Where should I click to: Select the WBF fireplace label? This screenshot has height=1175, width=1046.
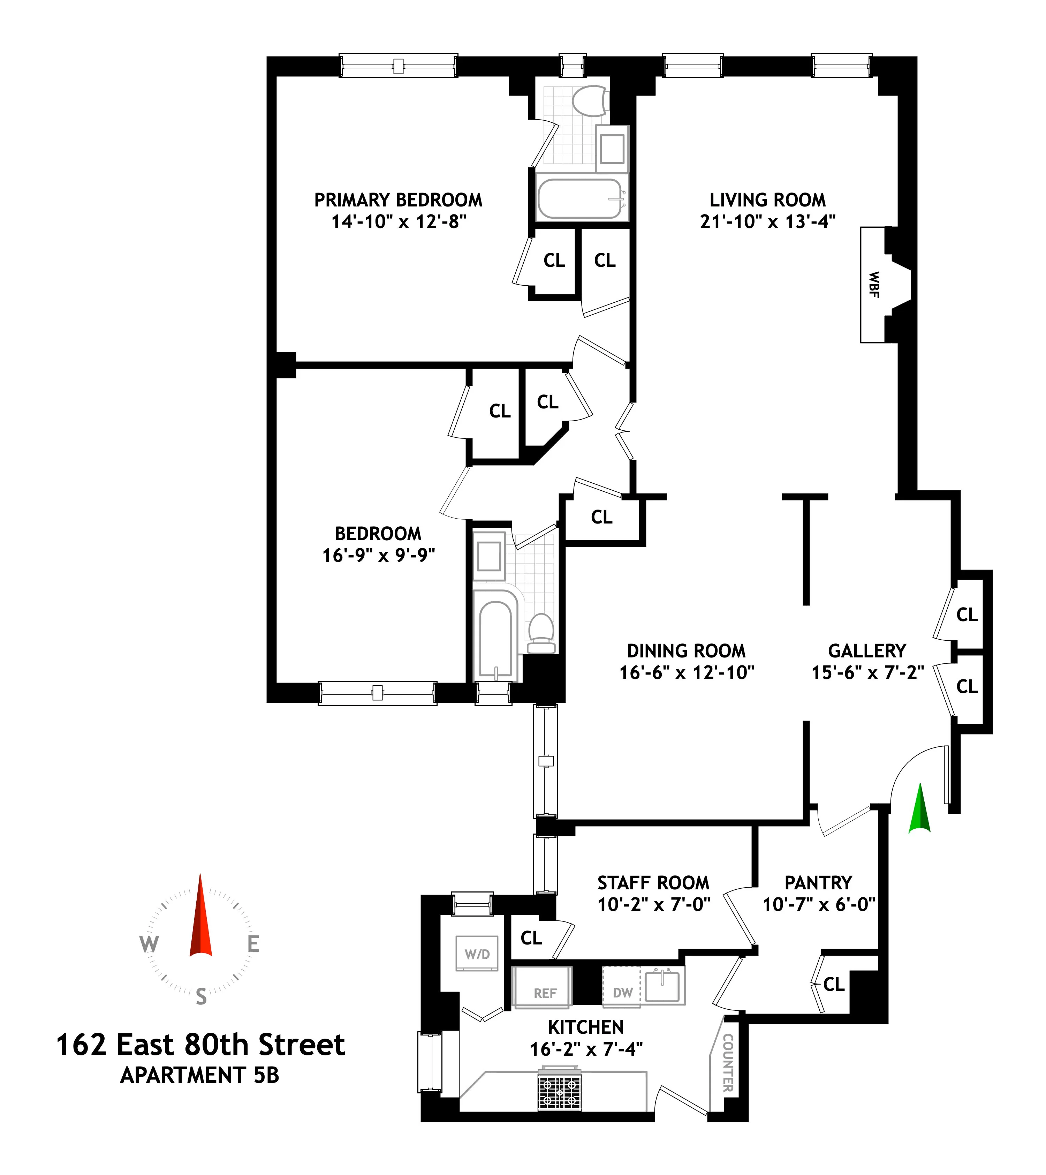873,285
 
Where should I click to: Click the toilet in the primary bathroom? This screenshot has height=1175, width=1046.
590,102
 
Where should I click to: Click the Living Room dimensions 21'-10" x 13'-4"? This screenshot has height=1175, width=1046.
767,222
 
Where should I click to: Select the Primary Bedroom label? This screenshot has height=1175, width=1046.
398,200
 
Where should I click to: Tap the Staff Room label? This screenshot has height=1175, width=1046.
653,882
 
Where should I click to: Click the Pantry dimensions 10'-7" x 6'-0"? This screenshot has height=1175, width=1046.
818,904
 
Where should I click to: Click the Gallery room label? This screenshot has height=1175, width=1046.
867,651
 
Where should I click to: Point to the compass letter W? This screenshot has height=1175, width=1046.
149,944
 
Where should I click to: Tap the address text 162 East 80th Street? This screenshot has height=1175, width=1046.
200,1045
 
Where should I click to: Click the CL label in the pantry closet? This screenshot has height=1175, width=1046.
833,984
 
